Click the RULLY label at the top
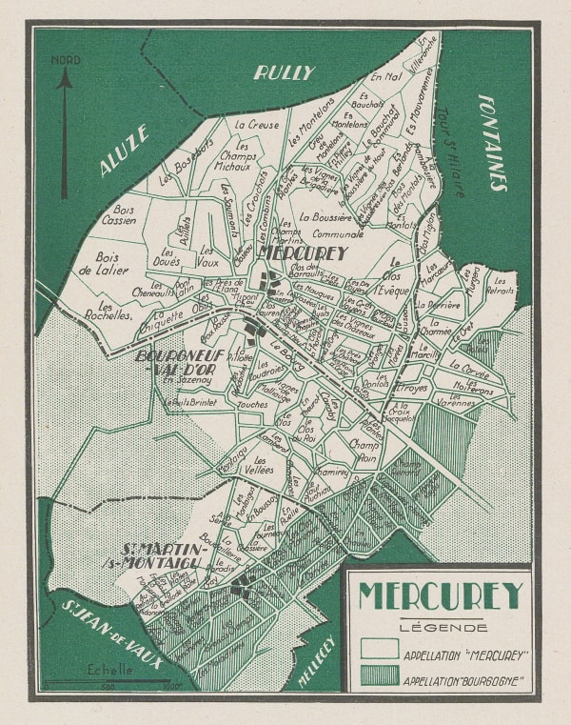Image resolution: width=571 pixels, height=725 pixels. pyautogui.click(x=285, y=71)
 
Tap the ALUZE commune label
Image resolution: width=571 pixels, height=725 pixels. pyautogui.click(x=124, y=151)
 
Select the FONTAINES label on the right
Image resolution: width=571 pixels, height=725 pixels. pyautogui.click(x=492, y=142)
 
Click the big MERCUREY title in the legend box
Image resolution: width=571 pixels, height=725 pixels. pyautogui.click(x=440, y=595)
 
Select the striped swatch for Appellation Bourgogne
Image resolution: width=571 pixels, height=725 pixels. pyautogui.click(x=380, y=679)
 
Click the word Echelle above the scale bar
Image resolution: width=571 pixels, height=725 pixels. pyautogui.click(x=111, y=669)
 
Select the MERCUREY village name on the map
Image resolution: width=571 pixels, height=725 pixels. pyautogui.click(x=303, y=253)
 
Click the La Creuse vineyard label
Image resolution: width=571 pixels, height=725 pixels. pyautogui.click(x=257, y=124)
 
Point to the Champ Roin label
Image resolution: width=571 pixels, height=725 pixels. pyautogui.click(x=364, y=449)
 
